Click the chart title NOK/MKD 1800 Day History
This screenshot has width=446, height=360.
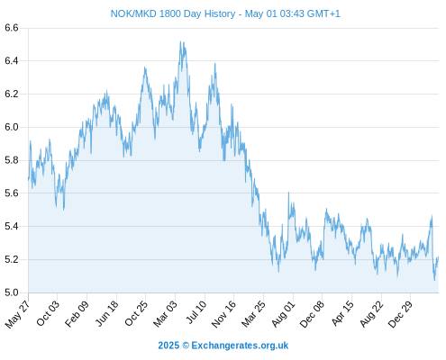(173, 13)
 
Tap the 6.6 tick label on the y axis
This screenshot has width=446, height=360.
(12, 28)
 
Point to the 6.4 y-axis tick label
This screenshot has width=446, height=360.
(12, 61)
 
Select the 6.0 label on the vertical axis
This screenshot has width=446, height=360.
(12, 127)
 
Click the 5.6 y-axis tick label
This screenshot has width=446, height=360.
(12, 193)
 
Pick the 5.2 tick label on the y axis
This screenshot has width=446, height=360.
(12, 259)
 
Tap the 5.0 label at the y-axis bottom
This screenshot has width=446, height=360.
(12, 292)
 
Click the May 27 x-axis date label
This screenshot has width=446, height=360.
(17, 314)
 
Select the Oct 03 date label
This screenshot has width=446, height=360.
(48, 313)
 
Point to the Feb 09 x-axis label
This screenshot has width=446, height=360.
(77, 313)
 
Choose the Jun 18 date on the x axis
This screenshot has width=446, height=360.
(106, 313)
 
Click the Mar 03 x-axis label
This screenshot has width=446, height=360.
(165, 314)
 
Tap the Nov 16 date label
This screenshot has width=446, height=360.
(223, 314)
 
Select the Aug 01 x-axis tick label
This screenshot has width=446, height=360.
(283, 314)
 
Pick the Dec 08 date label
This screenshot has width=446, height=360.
(312, 314)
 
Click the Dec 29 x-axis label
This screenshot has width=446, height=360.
(400, 314)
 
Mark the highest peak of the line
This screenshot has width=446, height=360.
(180, 41)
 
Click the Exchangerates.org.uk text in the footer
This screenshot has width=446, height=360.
(240, 346)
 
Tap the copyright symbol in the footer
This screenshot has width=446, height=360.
(186, 346)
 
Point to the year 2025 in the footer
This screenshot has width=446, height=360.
(168, 346)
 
